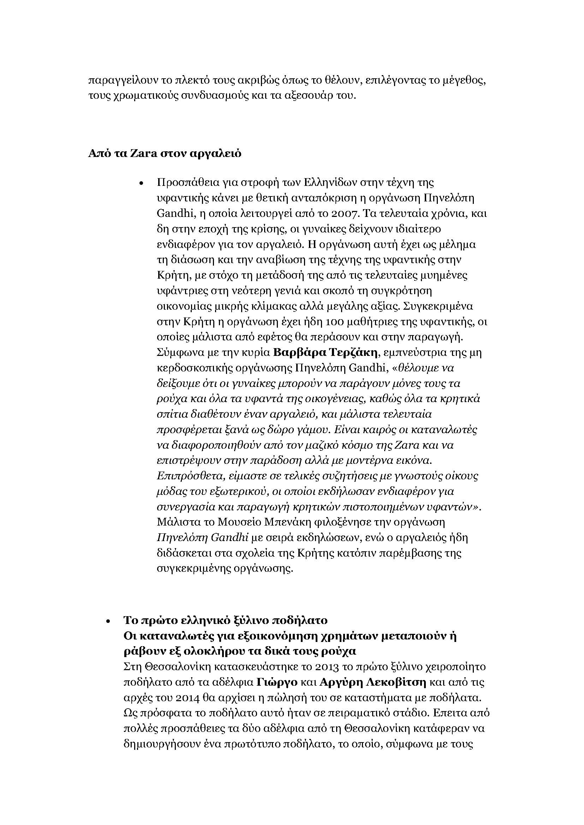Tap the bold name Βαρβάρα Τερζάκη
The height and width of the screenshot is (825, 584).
(x=325, y=353)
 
